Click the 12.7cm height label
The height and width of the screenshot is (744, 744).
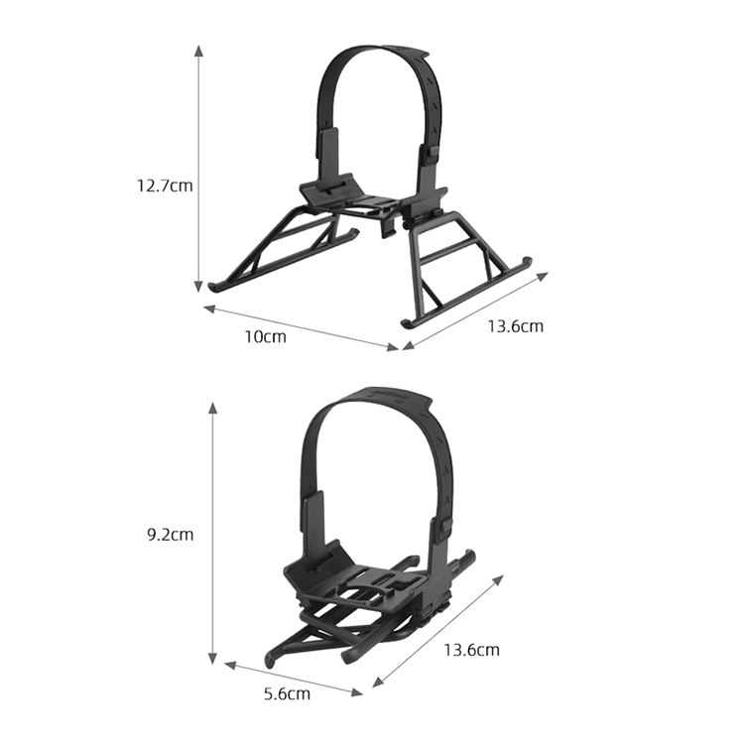click(165, 186)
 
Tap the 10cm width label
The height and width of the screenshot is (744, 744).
click(265, 336)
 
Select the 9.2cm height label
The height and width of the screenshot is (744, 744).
click(170, 535)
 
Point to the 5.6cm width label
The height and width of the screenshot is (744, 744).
click(287, 693)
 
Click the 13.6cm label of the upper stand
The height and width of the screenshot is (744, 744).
click(516, 326)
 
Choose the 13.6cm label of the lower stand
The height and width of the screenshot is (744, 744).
click(471, 650)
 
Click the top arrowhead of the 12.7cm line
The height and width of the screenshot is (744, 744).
click(199, 52)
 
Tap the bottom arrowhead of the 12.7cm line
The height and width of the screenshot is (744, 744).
click(199, 287)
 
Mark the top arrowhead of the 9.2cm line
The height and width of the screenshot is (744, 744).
click(213, 410)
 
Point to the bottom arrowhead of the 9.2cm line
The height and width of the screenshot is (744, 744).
click(213, 658)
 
